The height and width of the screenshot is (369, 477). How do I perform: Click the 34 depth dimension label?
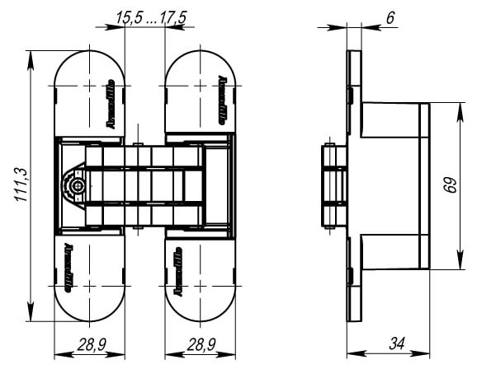pos(394,341)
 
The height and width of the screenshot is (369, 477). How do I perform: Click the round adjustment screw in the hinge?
pos(78,186)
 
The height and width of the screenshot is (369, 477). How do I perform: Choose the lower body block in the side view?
pos(392,247)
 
